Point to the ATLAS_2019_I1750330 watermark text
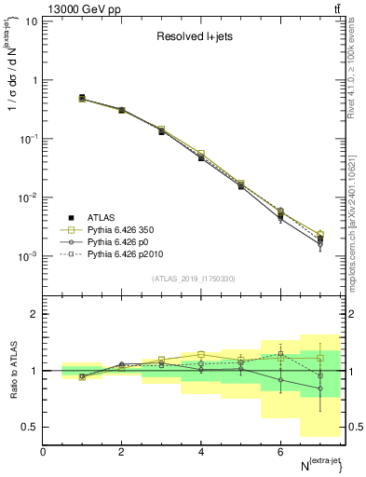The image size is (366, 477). [x=193, y=279]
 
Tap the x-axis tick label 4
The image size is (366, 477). [x=201, y=452]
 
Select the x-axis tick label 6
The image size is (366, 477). [x=280, y=452]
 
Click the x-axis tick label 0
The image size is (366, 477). [x=43, y=452]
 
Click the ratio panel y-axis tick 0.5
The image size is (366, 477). [x=29, y=427]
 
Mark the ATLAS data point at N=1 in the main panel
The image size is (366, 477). [x=82, y=98]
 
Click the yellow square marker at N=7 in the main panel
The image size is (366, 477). [x=319, y=233]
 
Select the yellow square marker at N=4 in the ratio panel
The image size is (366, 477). [x=201, y=354]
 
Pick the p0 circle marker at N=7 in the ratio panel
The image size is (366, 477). [x=319, y=388]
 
